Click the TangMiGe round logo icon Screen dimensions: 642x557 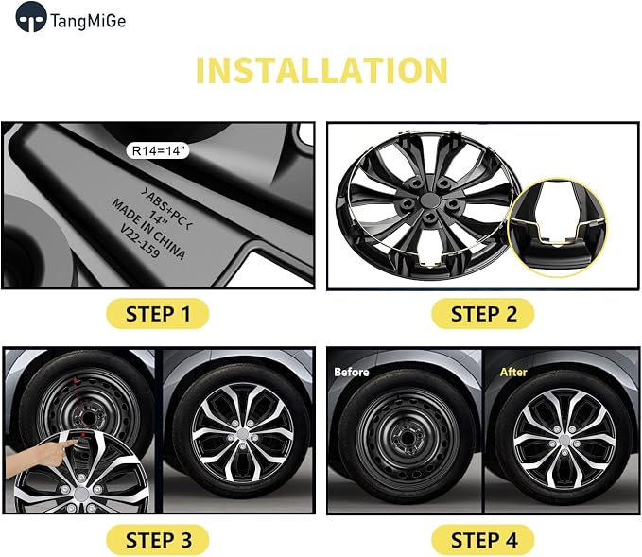(30, 17)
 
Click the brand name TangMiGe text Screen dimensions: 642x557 (88, 21)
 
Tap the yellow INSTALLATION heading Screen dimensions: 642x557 (321, 70)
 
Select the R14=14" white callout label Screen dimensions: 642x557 (158, 150)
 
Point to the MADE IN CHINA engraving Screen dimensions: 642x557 (148, 229)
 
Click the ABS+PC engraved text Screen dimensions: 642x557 (167, 208)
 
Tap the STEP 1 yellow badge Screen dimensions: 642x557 (158, 314)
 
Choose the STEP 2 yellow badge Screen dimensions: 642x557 (483, 314)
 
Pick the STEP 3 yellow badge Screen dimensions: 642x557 (158, 540)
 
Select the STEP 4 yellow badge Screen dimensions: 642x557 (483, 540)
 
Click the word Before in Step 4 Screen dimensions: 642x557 (352, 372)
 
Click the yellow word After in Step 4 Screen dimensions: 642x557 (513, 372)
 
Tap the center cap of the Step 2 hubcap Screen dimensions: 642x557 (429, 200)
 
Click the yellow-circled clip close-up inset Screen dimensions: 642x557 (557, 227)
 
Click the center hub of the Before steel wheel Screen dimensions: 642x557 (407, 438)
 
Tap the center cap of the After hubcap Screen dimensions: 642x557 (564, 440)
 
